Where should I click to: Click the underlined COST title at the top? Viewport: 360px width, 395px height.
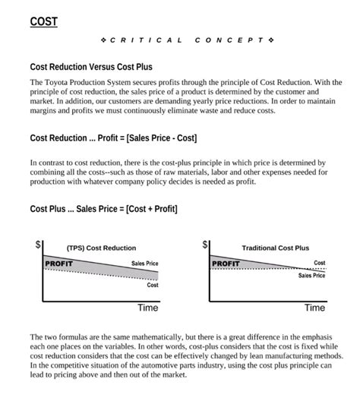[x=43, y=21]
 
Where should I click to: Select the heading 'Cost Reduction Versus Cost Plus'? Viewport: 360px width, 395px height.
[x=91, y=67]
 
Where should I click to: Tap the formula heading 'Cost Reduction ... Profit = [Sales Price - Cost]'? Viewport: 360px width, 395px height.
[x=113, y=138]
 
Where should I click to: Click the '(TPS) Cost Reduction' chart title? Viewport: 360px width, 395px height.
[x=101, y=248]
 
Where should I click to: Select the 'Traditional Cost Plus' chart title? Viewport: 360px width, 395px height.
[x=275, y=248]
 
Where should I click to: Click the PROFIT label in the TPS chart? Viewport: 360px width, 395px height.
[x=58, y=264]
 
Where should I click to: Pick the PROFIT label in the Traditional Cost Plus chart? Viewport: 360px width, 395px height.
[x=226, y=264]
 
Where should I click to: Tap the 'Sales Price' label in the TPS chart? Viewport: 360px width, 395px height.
[x=144, y=264]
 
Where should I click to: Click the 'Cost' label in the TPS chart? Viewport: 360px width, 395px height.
[x=153, y=285]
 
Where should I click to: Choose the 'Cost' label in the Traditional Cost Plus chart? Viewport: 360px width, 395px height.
[x=320, y=263]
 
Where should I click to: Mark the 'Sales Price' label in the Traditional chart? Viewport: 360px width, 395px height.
[x=311, y=276]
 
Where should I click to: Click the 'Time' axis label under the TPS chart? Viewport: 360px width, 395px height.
[x=147, y=308]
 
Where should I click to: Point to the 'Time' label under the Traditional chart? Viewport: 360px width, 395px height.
[x=314, y=308]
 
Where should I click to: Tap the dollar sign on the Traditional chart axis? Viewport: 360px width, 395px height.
[x=204, y=245]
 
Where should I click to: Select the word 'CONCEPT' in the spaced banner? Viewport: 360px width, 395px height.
[x=229, y=39]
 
